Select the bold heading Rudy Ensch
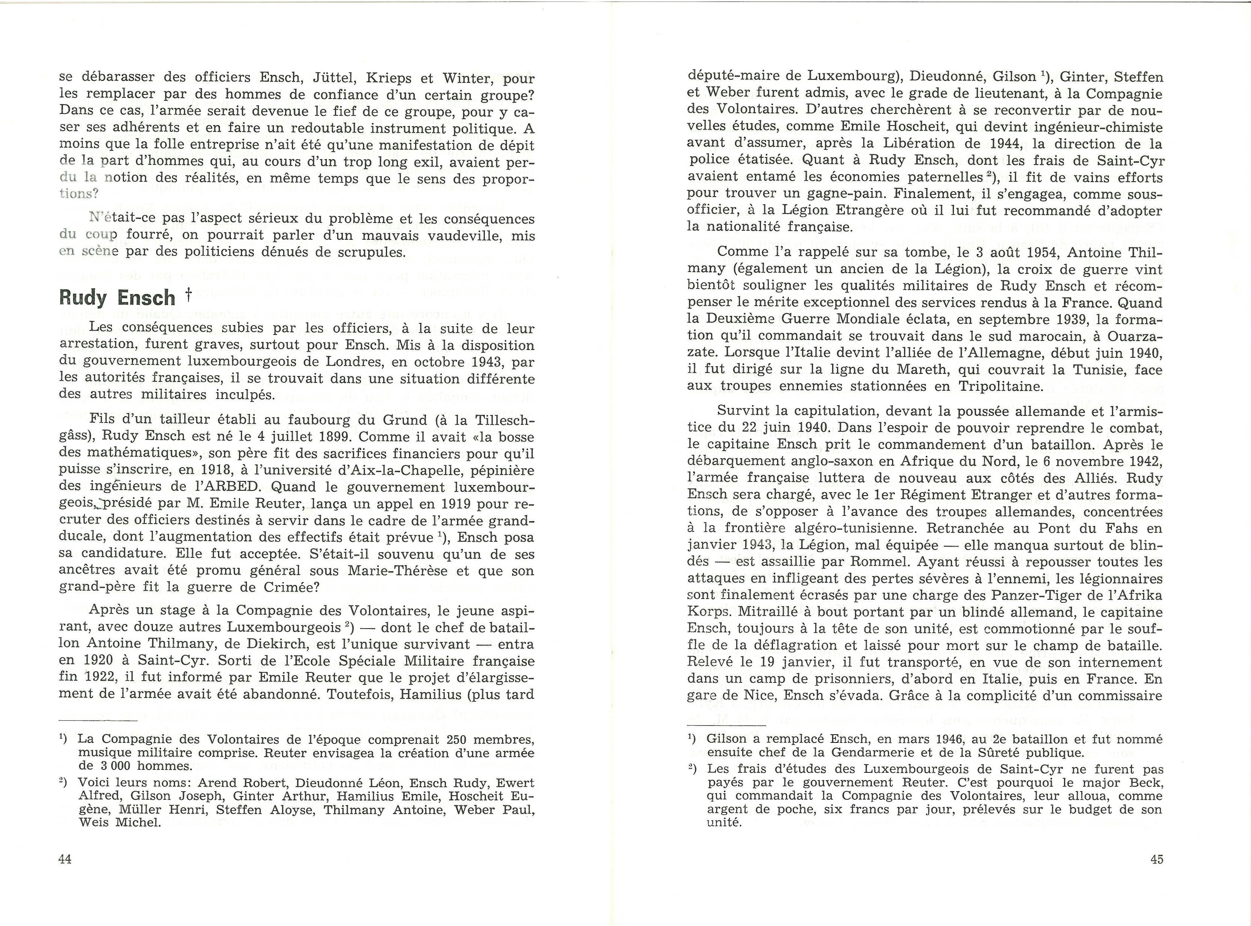click(x=117, y=298)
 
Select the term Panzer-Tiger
click(x=1053, y=595)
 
